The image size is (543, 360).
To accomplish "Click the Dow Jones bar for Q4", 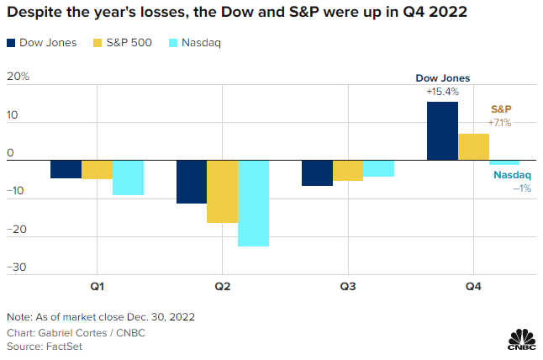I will pos(442,130).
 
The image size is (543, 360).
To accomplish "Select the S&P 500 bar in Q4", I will pos(473,146).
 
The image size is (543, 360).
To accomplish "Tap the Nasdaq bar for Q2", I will pos(253,203).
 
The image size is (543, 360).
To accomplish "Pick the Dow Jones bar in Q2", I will pos(191,182).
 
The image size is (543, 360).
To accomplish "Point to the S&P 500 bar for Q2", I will pos(222,191).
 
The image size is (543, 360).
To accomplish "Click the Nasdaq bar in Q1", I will pos(128,177).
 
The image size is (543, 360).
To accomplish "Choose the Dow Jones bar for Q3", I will pos(317,172).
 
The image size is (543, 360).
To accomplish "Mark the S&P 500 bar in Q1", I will pos(97,169).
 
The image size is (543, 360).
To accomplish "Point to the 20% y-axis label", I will pos(18,77).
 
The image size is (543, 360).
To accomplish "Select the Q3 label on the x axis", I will pos(348,287).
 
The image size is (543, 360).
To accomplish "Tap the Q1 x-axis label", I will pos(97,287).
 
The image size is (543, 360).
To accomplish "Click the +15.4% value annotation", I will pos(442,90).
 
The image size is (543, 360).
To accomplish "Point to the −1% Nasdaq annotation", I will pos(521,188).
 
